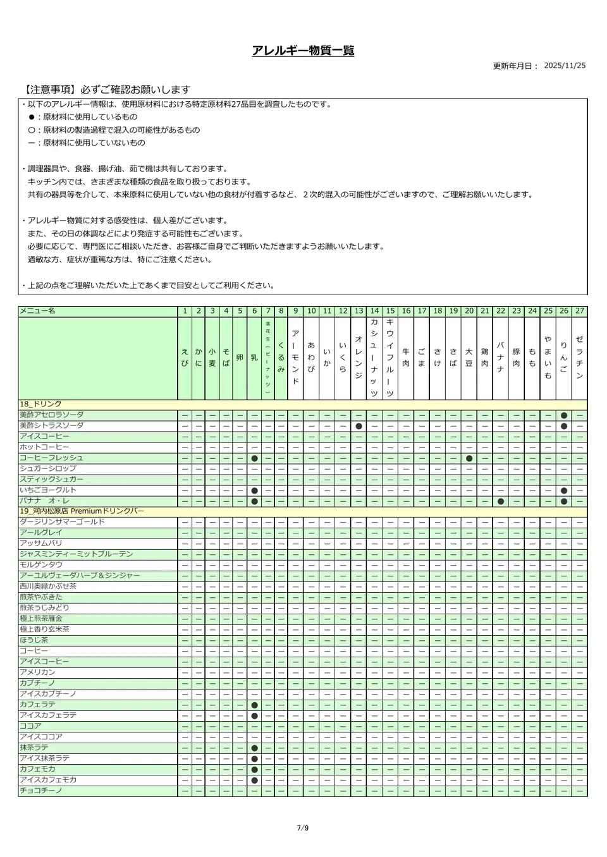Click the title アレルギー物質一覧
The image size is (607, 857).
tap(303, 51)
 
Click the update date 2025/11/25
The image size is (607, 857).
tap(565, 66)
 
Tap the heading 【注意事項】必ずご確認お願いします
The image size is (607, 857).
tap(104, 90)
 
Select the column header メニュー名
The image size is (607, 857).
tap(38, 311)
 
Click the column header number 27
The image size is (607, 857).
tap(579, 311)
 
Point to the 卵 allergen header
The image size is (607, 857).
tap(240, 358)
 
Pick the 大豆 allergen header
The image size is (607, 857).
tap(469, 358)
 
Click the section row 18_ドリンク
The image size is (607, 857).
tap(41, 404)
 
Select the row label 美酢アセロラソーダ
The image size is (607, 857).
tap(52, 415)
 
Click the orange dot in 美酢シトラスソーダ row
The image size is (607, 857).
tap(359, 426)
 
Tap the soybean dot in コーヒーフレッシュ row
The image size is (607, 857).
tap(469, 458)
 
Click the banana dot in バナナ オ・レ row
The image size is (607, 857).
tap(500, 501)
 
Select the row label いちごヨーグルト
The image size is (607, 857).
tap(48, 490)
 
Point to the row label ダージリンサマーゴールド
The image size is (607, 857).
tap(62, 522)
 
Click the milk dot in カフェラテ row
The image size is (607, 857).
tap(254, 705)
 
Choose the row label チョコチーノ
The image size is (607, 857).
tap(40, 791)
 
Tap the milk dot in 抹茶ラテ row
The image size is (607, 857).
tap(254, 748)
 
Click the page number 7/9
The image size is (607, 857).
tap(303, 829)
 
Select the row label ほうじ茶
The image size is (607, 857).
tap(34, 640)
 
